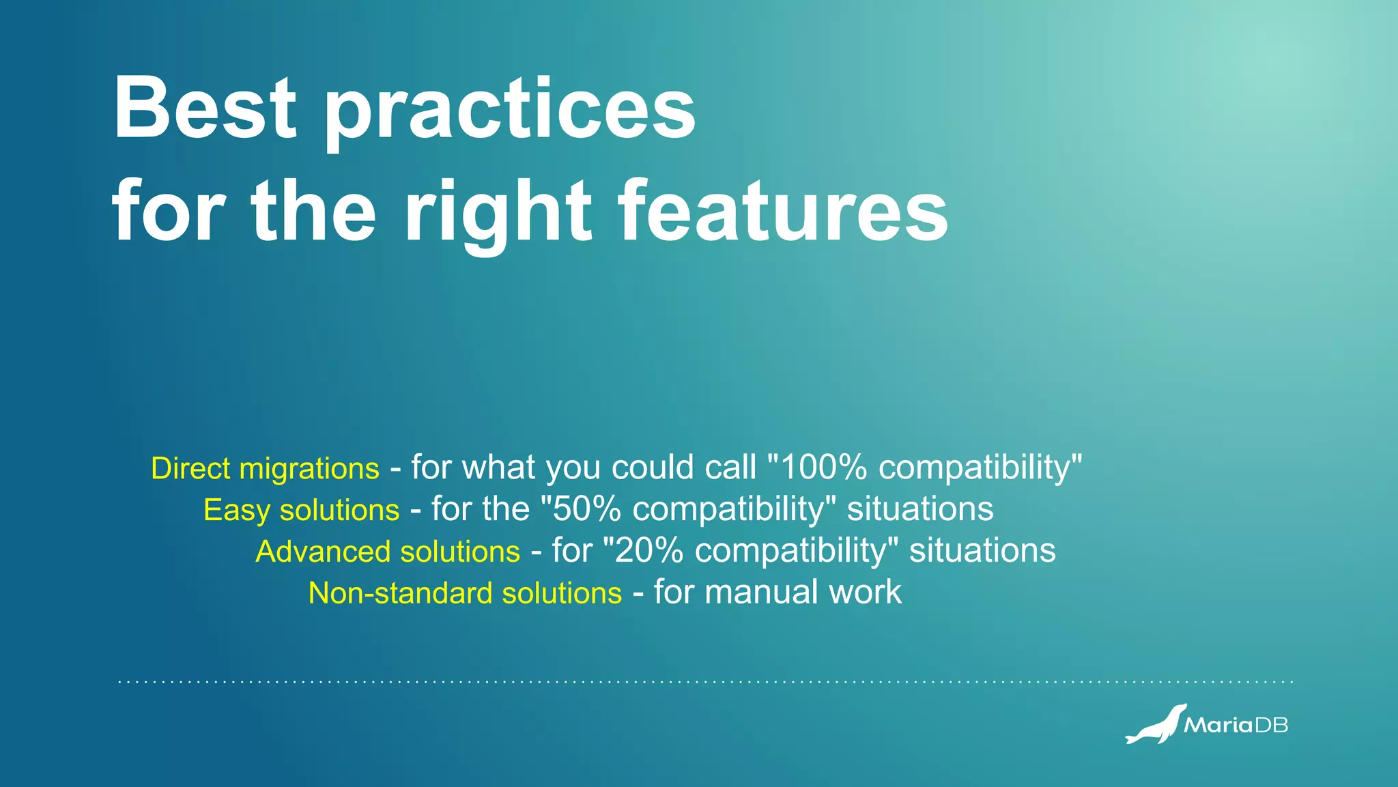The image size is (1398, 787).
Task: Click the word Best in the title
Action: (x=205, y=108)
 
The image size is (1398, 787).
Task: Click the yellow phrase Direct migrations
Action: (x=265, y=469)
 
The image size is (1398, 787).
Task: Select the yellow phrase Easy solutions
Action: (x=301, y=511)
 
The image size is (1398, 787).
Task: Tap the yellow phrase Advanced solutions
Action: (x=388, y=552)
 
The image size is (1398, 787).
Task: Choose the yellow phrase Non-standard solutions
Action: (x=465, y=593)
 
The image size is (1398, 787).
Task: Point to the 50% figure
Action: (x=586, y=510)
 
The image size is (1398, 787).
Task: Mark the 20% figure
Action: (x=648, y=552)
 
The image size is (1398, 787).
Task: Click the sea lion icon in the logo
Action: (x=1156, y=725)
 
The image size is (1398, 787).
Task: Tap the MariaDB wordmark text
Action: (x=1236, y=725)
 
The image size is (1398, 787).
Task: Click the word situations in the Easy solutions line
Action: (x=919, y=510)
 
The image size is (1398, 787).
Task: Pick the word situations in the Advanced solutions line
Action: (x=982, y=552)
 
